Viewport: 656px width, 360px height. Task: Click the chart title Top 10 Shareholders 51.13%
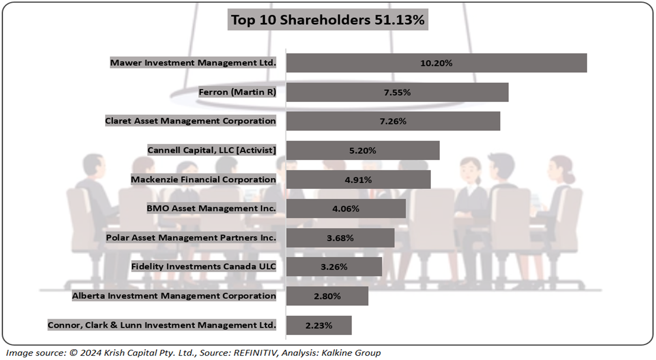pyautogui.click(x=328, y=20)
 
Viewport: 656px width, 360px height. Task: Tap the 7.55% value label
pyautogui.click(x=397, y=92)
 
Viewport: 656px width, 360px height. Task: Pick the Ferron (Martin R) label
pyautogui.click(x=237, y=92)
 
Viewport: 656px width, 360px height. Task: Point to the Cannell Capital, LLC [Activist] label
pyautogui.click(x=211, y=150)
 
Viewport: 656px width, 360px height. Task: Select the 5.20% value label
pyautogui.click(x=362, y=150)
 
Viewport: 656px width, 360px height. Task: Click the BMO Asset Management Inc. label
pyautogui.click(x=211, y=208)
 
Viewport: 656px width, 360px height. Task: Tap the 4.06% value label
pyautogui.click(x=346, y=209)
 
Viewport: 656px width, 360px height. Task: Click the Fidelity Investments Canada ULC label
pyautogui.click(x=203, y=266)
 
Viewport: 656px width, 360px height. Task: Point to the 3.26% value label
pyautogui.click(x=334, y=267)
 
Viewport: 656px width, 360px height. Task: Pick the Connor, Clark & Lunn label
pyautogui.click(x=162, y=325)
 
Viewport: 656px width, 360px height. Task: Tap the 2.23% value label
pyautogui.click(x=319, y=325)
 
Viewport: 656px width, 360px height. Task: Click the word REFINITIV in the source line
pyautogui.click(x=254, y=353)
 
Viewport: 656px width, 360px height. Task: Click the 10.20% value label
pyautogui.click(x=436, y=63)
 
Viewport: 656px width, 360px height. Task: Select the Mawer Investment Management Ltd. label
pyautogui.click(x=193, y=63)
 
